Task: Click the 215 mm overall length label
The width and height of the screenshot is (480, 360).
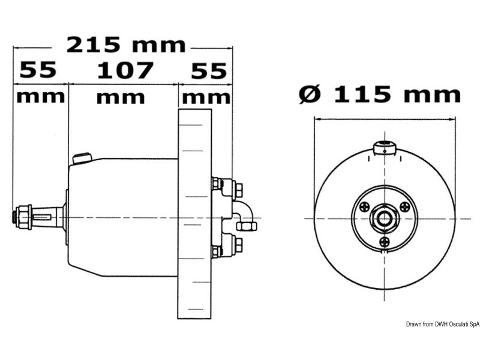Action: point(126,45)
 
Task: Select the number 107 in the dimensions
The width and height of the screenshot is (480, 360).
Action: point(125,71)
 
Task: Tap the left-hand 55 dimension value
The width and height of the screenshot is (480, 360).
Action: point(38,71)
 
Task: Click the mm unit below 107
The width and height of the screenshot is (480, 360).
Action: point(121,97)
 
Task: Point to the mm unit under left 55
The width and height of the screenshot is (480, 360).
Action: point(40,96)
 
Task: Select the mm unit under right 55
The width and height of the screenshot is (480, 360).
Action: point(206,97)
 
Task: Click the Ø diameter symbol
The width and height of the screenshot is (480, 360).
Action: point(310,94)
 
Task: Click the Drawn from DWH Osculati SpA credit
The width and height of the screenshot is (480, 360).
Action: point(442,325)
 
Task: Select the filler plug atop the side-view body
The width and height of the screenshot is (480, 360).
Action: point(81,158)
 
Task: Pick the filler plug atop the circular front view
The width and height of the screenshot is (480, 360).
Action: point(383,148)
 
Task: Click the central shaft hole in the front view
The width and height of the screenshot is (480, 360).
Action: point(384,217)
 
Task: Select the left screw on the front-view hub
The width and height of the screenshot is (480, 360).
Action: point(364,207)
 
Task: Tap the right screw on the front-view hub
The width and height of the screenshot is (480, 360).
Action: point(405,207)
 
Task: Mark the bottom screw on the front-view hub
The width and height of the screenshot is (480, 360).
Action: point(385,242)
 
